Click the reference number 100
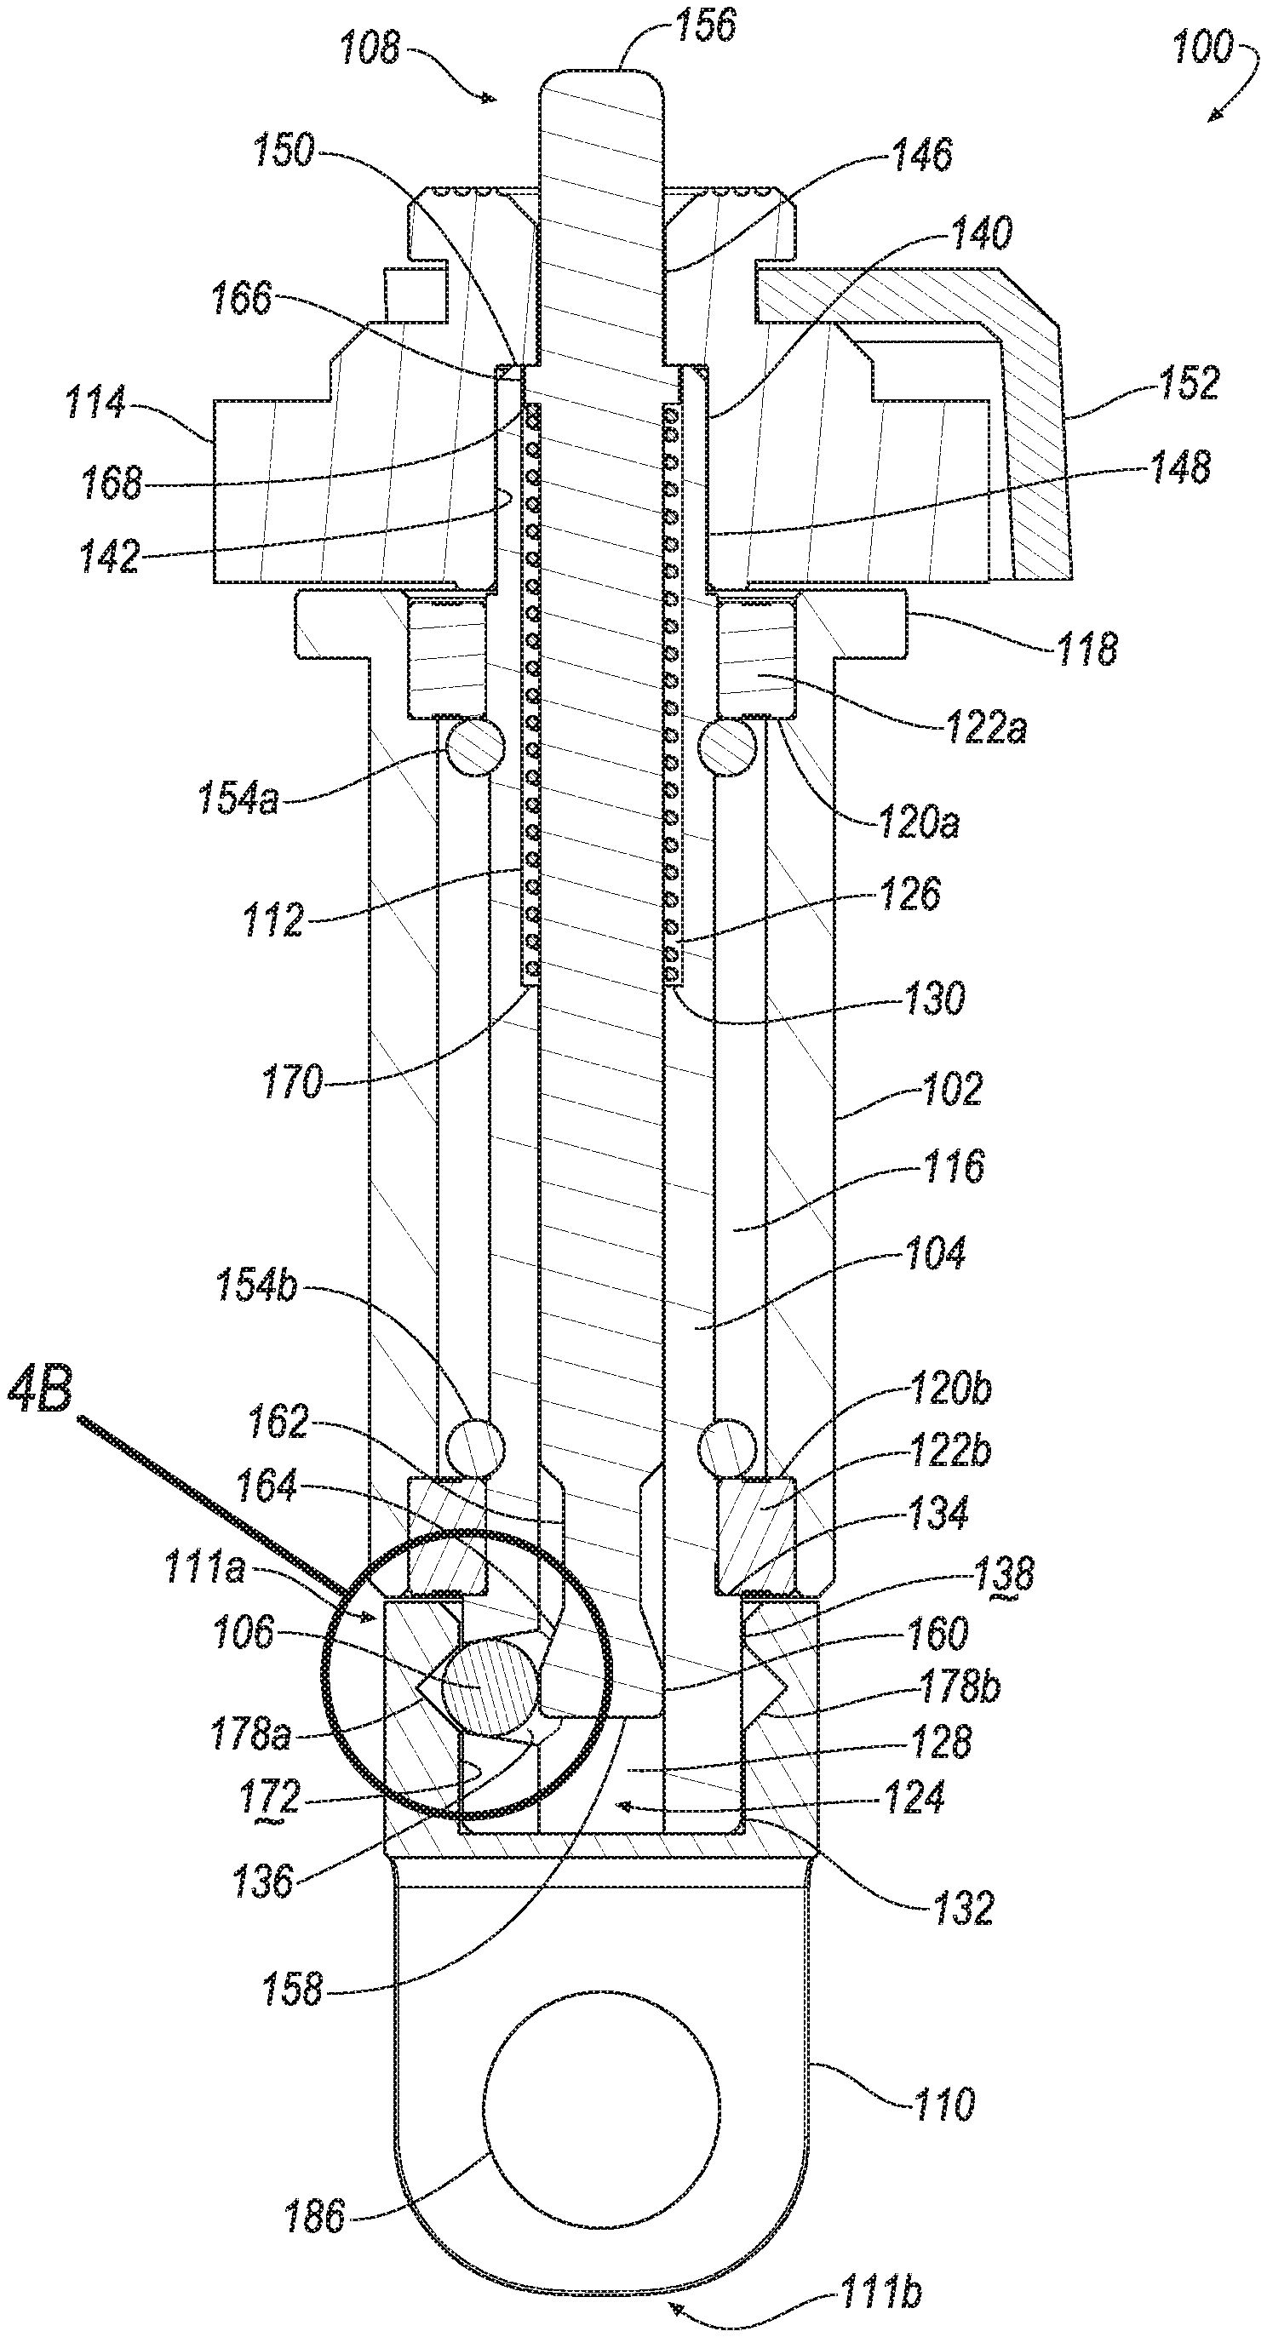point(1202,46)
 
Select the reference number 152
point(1189,382)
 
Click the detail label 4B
point(39,1391)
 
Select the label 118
point(1086,649)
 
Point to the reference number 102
point(952,1088)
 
